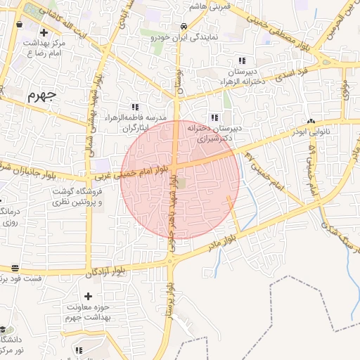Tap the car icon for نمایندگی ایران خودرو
184,26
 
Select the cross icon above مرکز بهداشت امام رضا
44,32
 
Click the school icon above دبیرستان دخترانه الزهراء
243,60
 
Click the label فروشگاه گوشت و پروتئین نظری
78,196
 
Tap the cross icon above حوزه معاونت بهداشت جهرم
88,297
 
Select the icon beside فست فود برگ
15,268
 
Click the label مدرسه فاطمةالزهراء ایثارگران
135,122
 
